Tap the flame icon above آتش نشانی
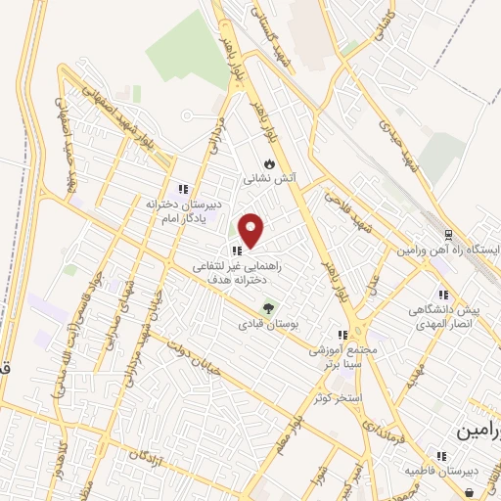pyautogui.click(x=268, y=164)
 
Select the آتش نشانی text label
pyautogui.click(x=269, y=181)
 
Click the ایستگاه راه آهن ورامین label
pyautogui.click(x=449, y=250)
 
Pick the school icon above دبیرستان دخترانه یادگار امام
pyautogui.click(x=182, y=189)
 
